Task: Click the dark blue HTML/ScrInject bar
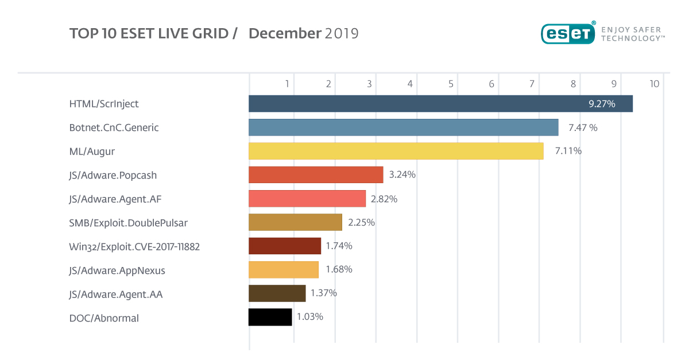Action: [x=440, y=104]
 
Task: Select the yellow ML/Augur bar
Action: [x=396, y=151]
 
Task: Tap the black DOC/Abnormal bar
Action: [x=270, y=317]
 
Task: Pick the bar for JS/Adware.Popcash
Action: [x=316, y=175]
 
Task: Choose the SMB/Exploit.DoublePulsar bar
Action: [x=295, y=222]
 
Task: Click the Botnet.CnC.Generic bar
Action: [x=403, y=127]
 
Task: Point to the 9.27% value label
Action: [x=602, y=104]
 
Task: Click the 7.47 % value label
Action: [x=583, y=127]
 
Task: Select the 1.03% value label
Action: [x=310, y=317]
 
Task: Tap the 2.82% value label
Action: [x=384, y=199]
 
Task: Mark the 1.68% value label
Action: [x=339, y=269]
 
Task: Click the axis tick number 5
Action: [x=451, y=84]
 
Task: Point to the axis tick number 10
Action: [x=654, y=84]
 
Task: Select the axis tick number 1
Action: [x=287, y=84]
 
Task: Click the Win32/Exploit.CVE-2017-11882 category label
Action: [x=134, y=247]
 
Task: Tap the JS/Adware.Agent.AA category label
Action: [x=116, y=295]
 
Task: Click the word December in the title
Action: [x=285, y=33]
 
